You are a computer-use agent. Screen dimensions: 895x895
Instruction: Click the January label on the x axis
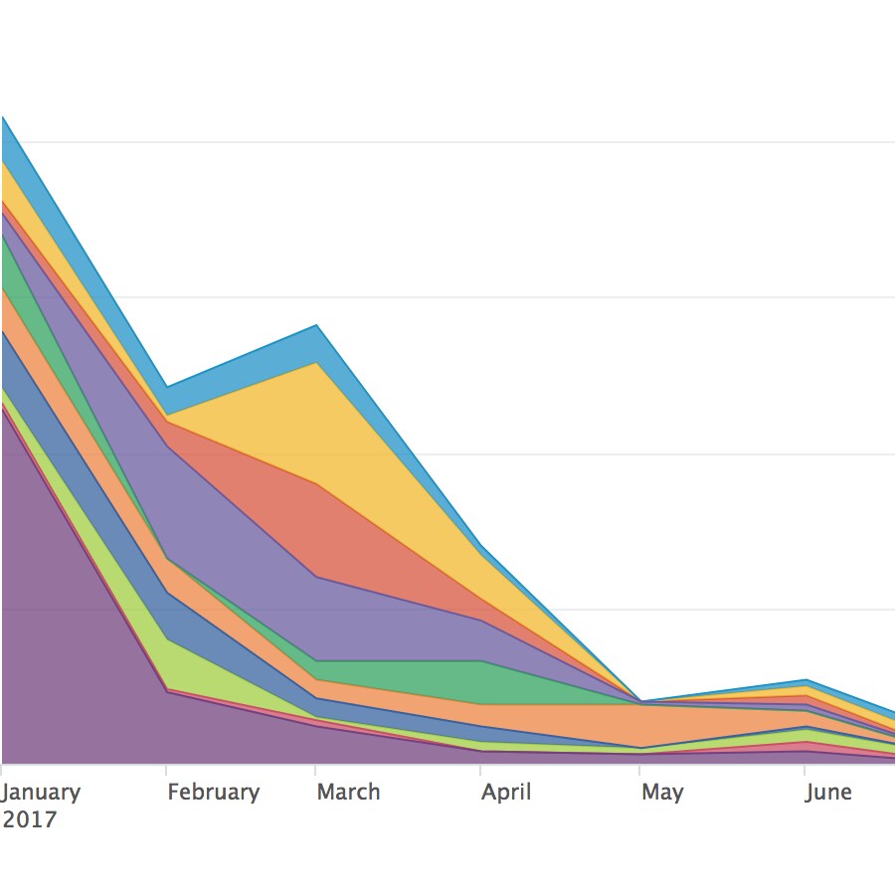[41, 793]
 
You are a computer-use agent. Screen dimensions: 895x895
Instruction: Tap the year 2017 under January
[29, 820]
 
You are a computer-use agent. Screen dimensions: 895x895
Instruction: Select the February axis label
[213, 793]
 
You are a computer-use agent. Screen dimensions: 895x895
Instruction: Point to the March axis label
[348, 793]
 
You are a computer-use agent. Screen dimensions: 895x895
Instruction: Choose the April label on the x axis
[506, 793]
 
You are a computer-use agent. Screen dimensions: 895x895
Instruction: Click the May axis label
[662, 793]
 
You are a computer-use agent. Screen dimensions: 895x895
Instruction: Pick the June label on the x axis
[827, 793]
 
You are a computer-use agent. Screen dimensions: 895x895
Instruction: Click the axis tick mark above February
[166, 770]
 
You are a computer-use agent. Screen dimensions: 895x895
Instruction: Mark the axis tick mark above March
[316, 770]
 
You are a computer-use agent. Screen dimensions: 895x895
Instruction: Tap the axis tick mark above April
[480, 770]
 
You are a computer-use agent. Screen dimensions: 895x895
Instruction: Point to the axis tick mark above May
[640, 770]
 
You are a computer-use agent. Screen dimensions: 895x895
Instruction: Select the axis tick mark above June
[805, 770]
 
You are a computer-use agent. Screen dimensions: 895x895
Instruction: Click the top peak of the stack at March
[316, 325]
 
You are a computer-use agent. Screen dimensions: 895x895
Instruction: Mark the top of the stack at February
[166, 387]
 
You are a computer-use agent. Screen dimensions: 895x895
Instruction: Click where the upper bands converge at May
[640, 701]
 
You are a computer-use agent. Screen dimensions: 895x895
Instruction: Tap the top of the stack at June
[805, 680]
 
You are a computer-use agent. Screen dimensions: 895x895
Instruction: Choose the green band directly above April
[480, 682]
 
